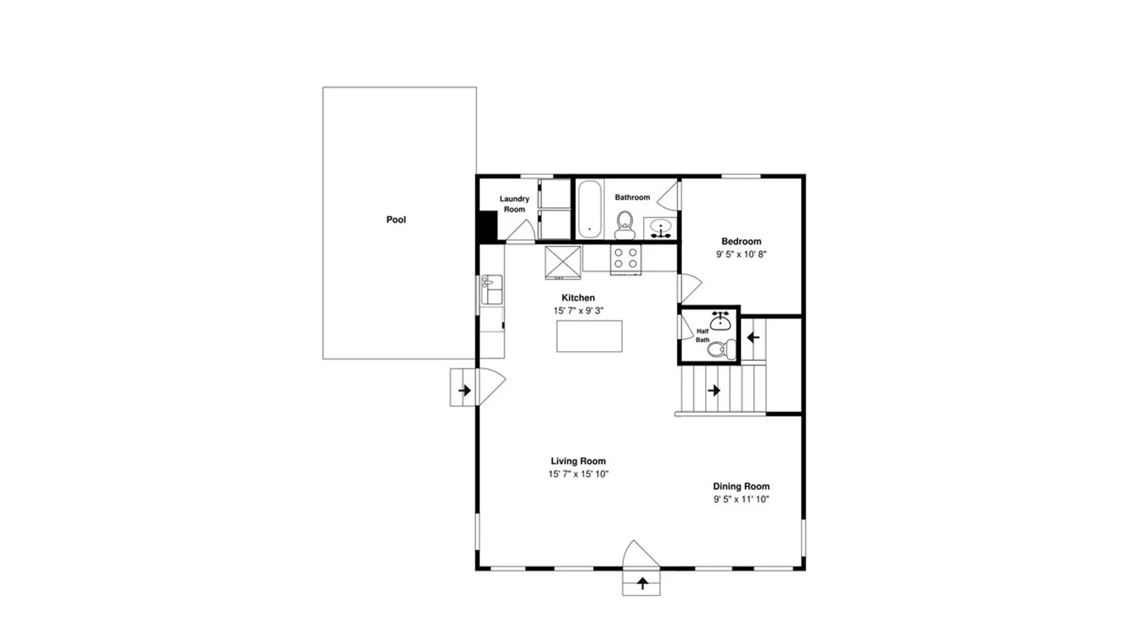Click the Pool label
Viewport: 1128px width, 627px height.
[396, 219]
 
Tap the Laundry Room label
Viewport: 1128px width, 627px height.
[514, 204]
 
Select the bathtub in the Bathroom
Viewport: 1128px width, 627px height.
[589, 209]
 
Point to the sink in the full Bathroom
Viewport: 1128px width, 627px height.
[661, 228]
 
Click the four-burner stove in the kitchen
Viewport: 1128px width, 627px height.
[626, 259]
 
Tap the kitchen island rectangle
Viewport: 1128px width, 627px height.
[589, 336]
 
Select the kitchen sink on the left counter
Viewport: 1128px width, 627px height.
[492, 290]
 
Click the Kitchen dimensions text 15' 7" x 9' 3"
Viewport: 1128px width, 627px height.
[578, 311]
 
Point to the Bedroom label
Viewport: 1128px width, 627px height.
[741, 241]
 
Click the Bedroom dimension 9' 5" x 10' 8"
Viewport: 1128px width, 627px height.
[741, 255]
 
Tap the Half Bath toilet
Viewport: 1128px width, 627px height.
[723, 349]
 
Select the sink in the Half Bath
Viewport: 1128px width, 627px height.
[721, 321]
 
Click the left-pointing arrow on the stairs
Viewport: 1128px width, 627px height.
[753, 337]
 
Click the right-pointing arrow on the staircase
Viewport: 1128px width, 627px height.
[714, 391]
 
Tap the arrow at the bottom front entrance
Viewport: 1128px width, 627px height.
[642, 583]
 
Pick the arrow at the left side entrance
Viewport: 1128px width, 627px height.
[464, 391]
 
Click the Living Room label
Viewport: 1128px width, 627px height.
[578, 461]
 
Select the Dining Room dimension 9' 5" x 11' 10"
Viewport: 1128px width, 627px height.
[741, 500]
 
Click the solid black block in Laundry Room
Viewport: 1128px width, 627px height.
[488, 226]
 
